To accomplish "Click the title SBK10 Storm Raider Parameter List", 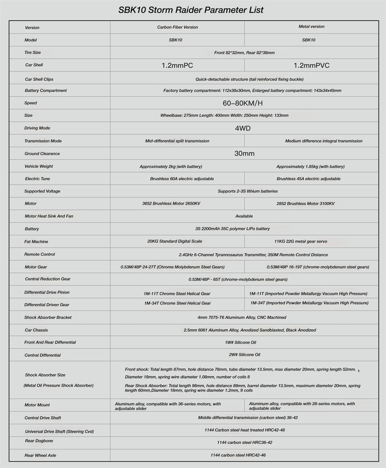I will (x=191, y=10).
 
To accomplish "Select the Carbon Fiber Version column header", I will (x=177, y=27).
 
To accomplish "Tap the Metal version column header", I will (x=312, y=27).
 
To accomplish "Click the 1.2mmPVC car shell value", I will (x=312, y=65).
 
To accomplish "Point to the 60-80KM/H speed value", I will (x=243, y=103).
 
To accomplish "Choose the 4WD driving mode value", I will (x=243, y=128).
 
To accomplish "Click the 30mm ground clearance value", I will (x=244, y=153).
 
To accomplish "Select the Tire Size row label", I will (x=32, y=52).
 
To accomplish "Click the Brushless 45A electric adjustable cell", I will (x=308, y=179).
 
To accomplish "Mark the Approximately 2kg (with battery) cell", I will (x=171, y=166).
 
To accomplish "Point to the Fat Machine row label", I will (x=36, y=242).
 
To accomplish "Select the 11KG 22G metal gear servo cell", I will (x=300, y=242).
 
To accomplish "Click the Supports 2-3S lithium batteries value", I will (x=247, y=191).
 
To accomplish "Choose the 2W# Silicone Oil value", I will (x=244, y=354).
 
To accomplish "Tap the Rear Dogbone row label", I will (x=39, y=441).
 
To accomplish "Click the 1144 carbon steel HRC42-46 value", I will (x=238, y=455).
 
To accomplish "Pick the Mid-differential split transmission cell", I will (x=177, y=141).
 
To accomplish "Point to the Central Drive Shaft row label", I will (x=42, y=418).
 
